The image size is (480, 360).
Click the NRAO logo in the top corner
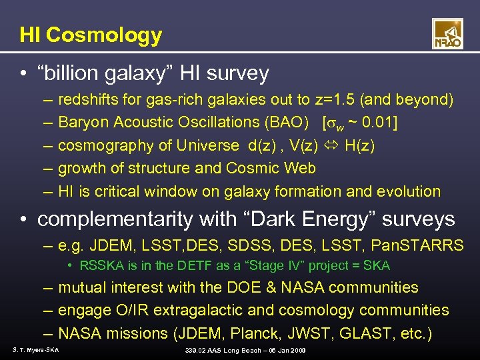[447, 34]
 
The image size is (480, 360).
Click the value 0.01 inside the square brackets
[380, 123]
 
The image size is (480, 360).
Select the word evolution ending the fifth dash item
[409, 192]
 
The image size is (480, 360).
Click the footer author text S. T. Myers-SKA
[35, 350]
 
